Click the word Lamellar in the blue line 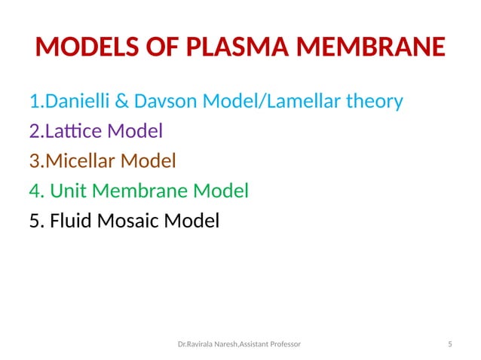click(301, 100)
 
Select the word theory click(374, 100)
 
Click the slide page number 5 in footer click(449, 343)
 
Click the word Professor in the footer click(281, 343)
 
